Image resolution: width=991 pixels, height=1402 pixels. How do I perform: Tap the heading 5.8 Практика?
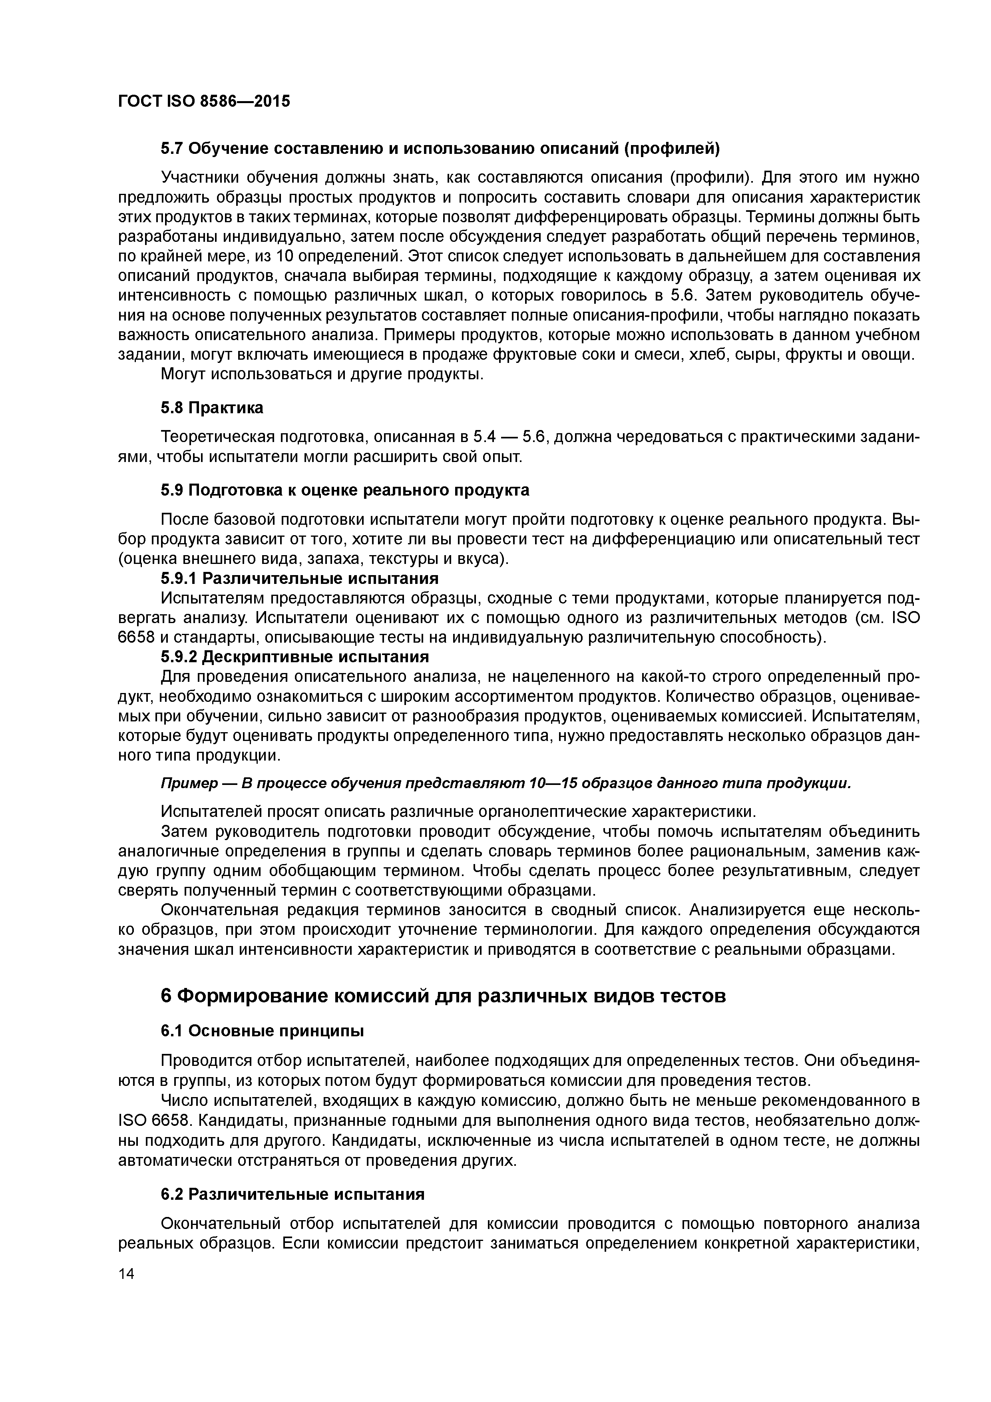[x=212, y=408]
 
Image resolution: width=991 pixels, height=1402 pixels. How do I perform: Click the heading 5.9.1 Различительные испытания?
[x=299, y=578]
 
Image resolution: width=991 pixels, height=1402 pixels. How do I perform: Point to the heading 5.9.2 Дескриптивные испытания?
[x=295, y=656]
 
